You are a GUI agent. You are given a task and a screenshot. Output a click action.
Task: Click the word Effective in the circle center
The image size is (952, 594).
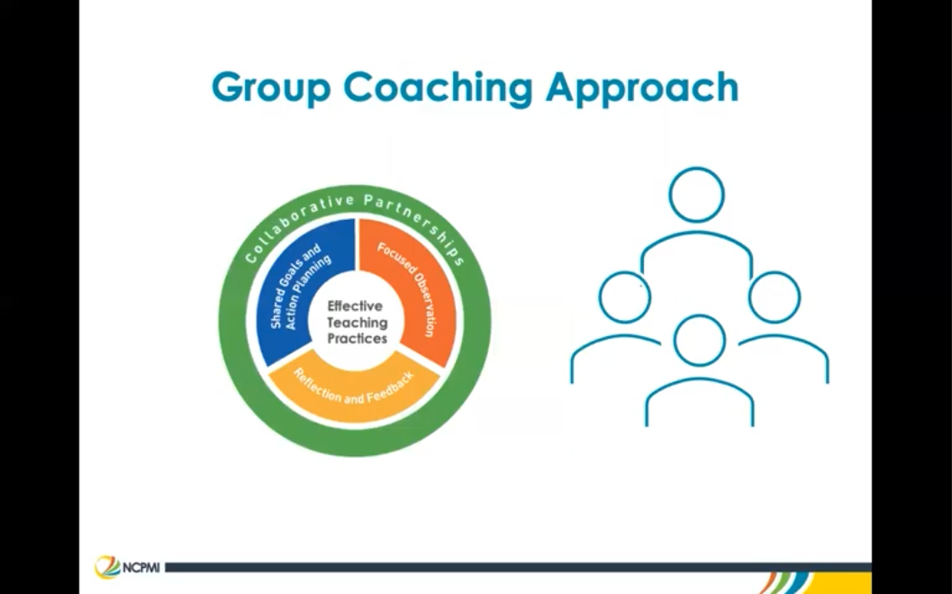(x=355, y=306)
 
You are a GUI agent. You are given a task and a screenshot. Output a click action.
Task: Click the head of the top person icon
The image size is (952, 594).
(x=696, y=194)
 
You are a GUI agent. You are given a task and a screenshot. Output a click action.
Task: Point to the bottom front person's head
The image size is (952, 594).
(x=699, y=340)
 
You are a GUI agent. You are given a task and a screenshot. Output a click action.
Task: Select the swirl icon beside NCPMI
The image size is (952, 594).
(x=106, y=567)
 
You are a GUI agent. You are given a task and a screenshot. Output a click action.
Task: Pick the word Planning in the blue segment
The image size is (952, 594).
(x=308, y=288)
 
